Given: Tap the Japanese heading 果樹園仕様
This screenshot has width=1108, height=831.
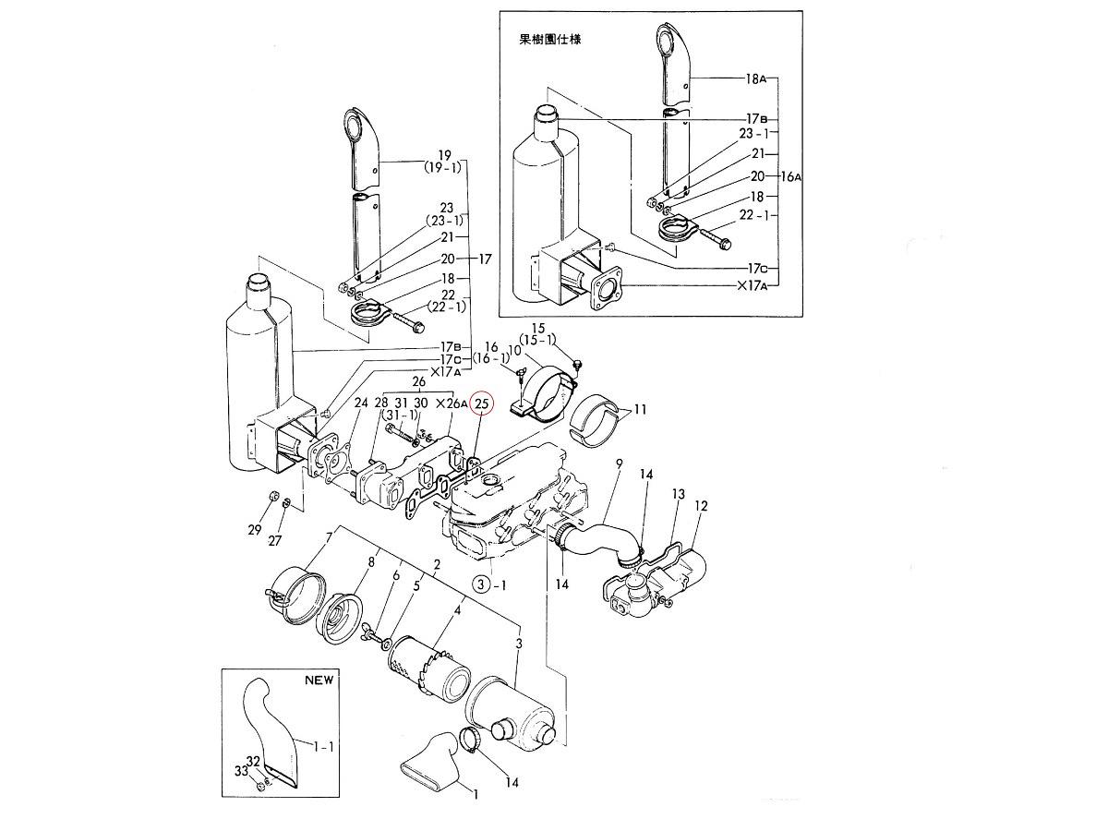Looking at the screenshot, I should click(550, 40).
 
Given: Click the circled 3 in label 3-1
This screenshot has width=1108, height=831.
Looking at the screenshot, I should click(481, 584).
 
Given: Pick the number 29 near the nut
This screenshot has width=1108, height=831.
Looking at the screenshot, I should click(255, 529).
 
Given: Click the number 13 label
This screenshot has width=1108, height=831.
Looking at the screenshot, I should click(679, 495).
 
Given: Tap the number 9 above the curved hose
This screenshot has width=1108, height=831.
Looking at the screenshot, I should click(618, 463).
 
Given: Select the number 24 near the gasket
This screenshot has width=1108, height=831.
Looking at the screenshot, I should click(360, 403).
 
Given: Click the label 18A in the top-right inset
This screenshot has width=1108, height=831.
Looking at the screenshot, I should click(756, 79).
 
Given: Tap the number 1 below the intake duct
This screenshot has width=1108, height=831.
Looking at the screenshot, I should click(476, 793).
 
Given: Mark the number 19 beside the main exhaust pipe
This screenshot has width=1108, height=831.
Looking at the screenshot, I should click(444, 155).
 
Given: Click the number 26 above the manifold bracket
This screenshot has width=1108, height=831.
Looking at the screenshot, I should click(418, 381).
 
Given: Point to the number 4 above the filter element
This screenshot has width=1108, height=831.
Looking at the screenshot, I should click(458, 610).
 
